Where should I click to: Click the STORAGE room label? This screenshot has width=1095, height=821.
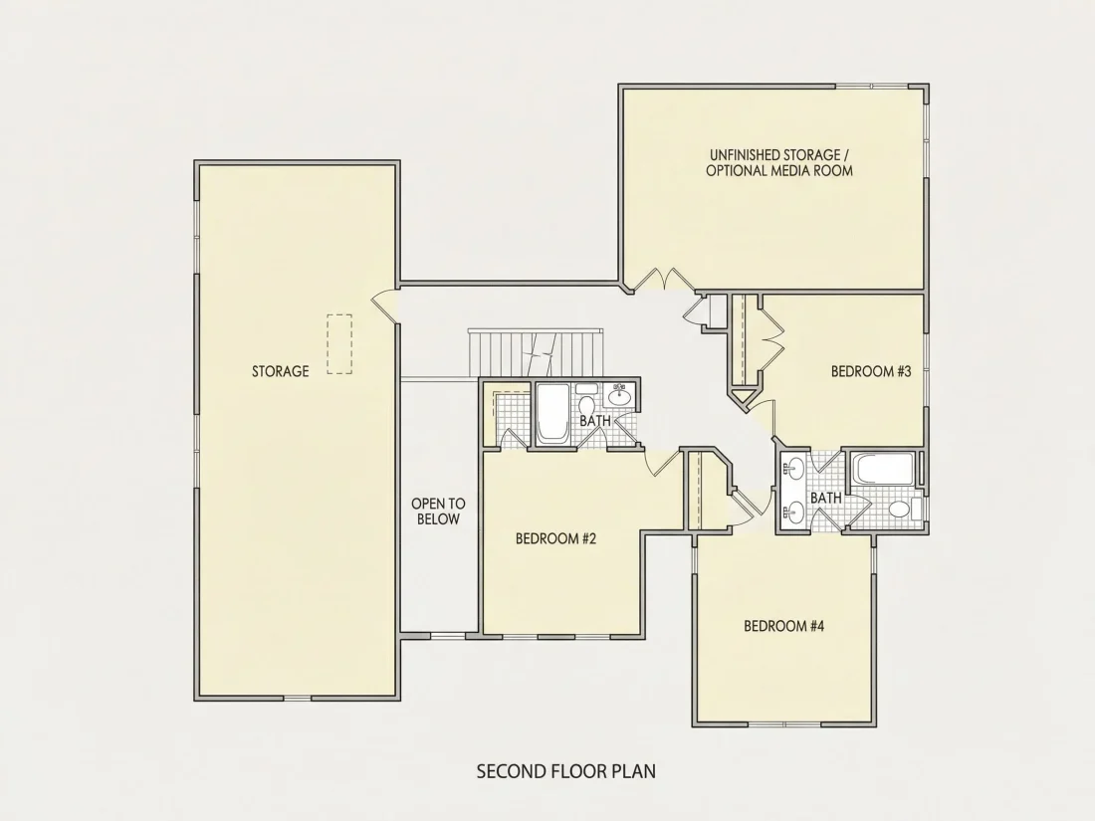tap(280, 371)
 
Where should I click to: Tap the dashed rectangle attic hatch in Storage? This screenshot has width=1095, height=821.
tap(339, 344)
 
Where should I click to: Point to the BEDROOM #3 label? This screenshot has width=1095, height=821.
tap(871, 371)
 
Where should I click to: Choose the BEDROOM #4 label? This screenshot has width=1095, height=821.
tap(783, 626)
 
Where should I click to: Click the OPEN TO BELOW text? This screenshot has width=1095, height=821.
tap(438, 512)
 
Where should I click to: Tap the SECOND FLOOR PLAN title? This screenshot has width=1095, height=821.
tap(565, 771)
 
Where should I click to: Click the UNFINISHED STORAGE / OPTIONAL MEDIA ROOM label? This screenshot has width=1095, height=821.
tap(779, 162)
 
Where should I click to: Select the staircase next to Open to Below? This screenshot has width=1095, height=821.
tap(536, 352)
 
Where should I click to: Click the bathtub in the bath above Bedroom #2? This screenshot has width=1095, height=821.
tap(551, 413)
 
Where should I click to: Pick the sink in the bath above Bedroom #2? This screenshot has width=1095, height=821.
tap(619, 396)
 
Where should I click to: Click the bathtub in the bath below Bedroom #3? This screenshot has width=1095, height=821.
tap(883, 469)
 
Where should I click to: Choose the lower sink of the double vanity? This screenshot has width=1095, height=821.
tap(794, 512)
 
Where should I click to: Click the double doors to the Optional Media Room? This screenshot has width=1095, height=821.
tap(661, 279)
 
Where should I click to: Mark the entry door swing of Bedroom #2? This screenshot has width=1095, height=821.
tap(662, 463)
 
